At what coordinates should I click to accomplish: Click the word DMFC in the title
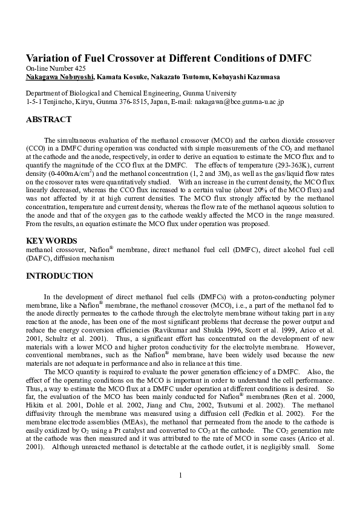tap(294, 59)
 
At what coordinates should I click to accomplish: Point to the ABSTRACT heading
tap(49, 120)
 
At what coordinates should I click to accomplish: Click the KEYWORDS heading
tap(51, 241)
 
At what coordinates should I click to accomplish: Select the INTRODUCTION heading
tap(59, 276)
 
